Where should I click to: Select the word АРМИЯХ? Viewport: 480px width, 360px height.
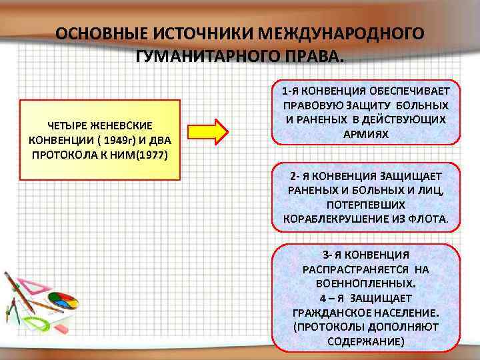pos(366,134)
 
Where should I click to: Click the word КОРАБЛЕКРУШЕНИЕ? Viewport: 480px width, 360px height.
pos(332,218)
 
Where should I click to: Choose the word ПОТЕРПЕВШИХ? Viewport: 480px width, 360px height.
pos(366,204)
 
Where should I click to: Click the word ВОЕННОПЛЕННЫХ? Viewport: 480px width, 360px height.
pos(365,283)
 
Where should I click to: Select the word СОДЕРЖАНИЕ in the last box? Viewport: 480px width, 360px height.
pos(366,341)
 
